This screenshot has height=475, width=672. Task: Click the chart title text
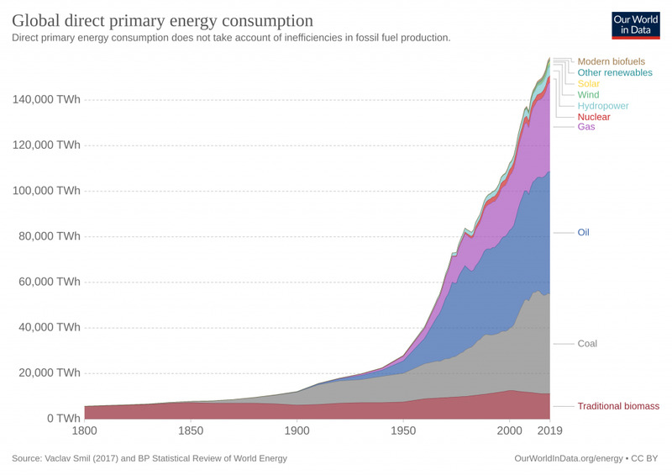pyautogui.click(x=161, y=19)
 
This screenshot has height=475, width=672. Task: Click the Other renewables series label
pyautogui.click(x=615, y=73)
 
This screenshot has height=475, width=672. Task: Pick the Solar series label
pyautogui.click(x=588, y=84)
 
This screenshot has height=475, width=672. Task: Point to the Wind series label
pyautogui.click(x=588, y=95)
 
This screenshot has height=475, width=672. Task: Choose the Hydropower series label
pyautogui.click(x=603, y=106)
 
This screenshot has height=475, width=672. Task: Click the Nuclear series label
pyautogui.click(x=594, y=117)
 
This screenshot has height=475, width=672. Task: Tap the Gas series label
pyautogui.click(x=585, y=127)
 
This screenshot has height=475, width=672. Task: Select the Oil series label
pyautogui.click(x=585, y=232)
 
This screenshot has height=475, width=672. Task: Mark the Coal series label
pyautogui.click(x=587, y=344)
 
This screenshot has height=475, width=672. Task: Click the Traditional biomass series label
pyautogui.click(x=618, y=407)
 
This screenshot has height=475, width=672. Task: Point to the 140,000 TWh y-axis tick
pyautogui.click(x=46, y=99)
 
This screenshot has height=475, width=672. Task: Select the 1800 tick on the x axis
pyautogui.click(x=85, y=432)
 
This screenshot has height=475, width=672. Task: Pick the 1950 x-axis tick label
pyautogui.click(x=403, y=432)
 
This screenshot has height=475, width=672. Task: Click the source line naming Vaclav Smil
pyautogui.click(x=150, y=458)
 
